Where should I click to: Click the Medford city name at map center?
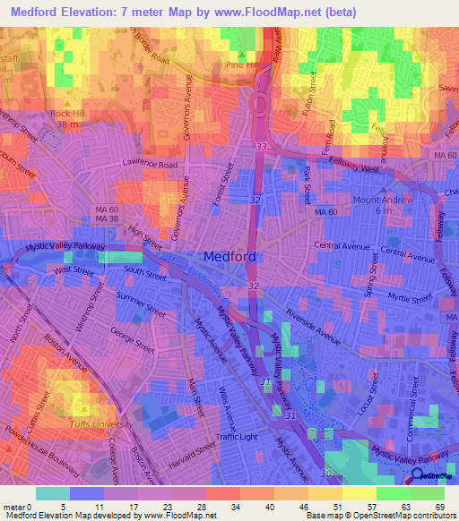(231, 256)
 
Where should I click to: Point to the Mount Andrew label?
(385, 200)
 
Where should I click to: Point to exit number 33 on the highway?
(261, 145)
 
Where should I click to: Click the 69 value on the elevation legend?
(438, 506)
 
